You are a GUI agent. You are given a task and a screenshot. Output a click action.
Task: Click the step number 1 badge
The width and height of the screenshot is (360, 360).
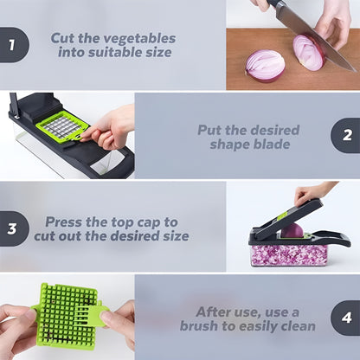(12, 46)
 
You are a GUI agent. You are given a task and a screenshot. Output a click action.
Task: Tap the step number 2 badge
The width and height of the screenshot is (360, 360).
(347, 136)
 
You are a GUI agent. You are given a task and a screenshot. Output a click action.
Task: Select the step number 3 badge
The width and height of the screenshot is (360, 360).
(12, 228)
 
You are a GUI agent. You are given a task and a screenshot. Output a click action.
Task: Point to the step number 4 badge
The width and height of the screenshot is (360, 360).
(347, 318)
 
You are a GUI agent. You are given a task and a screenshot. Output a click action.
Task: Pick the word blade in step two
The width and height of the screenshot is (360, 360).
(274, 144)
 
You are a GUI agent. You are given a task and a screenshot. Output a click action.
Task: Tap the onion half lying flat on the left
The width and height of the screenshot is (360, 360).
(265, 64)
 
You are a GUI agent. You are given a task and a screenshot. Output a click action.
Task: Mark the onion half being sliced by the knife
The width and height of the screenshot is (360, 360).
(309, 52)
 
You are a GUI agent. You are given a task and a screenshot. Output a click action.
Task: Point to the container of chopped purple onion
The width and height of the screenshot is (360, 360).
(287, 254)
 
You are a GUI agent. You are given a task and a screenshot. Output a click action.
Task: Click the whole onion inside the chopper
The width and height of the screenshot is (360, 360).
(292, 230)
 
